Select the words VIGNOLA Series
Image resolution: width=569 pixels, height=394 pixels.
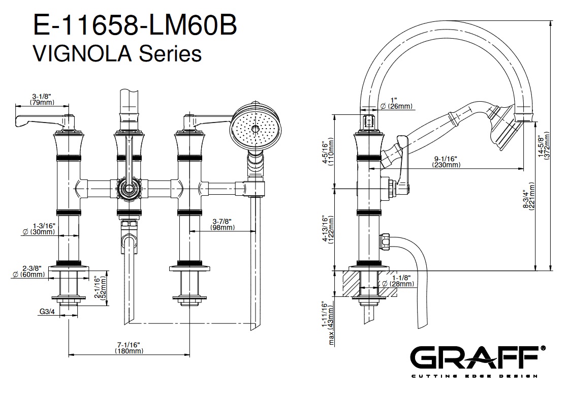pos(117,52)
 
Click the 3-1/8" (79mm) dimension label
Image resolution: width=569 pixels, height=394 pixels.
pos(42,99)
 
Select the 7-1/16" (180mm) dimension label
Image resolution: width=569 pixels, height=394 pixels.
pos(129,348)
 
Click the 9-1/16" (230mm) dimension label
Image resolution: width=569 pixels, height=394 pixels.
pos(446,161)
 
